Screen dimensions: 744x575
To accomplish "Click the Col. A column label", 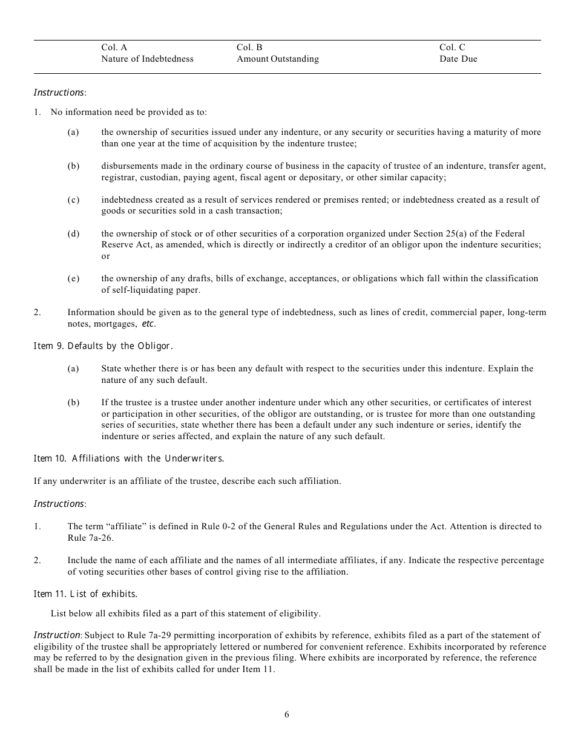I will coord(114,47).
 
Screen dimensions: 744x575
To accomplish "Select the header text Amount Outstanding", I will coord(277,59).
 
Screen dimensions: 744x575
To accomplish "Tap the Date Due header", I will coord(458,59).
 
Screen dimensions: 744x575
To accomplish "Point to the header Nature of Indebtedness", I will coord(147,59).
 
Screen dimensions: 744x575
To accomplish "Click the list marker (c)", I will coord(73,200).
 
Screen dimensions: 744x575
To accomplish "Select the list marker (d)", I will coord(73,233).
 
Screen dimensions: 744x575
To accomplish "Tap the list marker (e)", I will coord(73,278).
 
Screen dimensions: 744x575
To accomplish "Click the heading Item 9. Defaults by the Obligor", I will coord(103,346).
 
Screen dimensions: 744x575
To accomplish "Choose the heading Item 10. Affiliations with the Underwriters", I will coord(128,458).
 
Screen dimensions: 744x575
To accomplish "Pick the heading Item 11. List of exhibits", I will coord(85,594).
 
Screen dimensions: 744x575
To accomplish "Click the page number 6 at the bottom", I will coord(287,714).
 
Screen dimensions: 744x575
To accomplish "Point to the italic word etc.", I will coord(148,324).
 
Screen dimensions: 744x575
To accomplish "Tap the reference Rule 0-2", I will coord(245,526).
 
